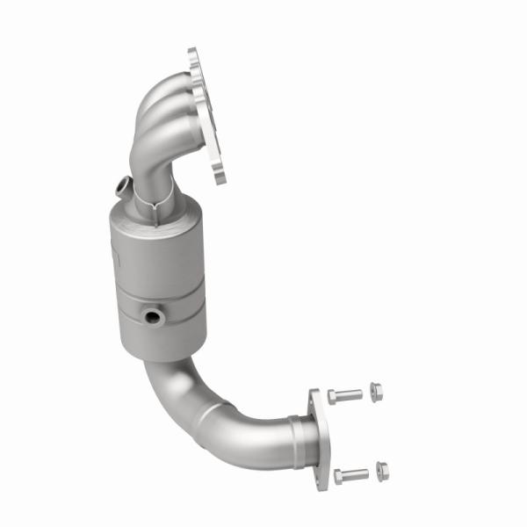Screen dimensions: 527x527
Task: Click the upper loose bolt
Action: (x=344, y=396)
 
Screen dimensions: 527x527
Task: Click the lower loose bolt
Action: (x=350, y=476)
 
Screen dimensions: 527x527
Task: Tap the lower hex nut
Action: (x=382, y=469)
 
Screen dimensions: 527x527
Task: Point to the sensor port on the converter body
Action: (x=154, y=315)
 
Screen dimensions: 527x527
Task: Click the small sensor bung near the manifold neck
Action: (x=122, y=185)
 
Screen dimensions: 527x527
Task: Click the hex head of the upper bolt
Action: (x=333, y=397)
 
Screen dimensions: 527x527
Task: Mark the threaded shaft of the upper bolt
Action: (x=350, y=395)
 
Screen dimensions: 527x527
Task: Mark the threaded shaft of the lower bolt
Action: (x=356, y=475)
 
